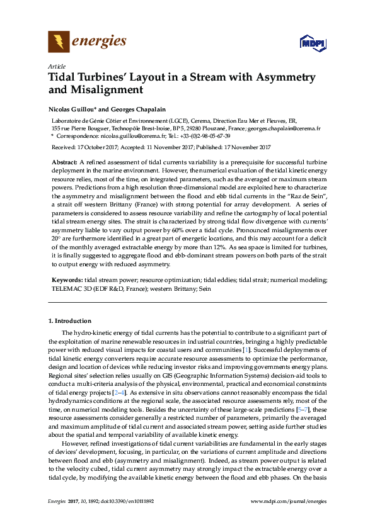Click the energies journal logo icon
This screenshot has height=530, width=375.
coord(59,42)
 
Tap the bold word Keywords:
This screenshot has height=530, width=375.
coord(66,279)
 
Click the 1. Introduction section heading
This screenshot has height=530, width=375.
coord(69,321)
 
